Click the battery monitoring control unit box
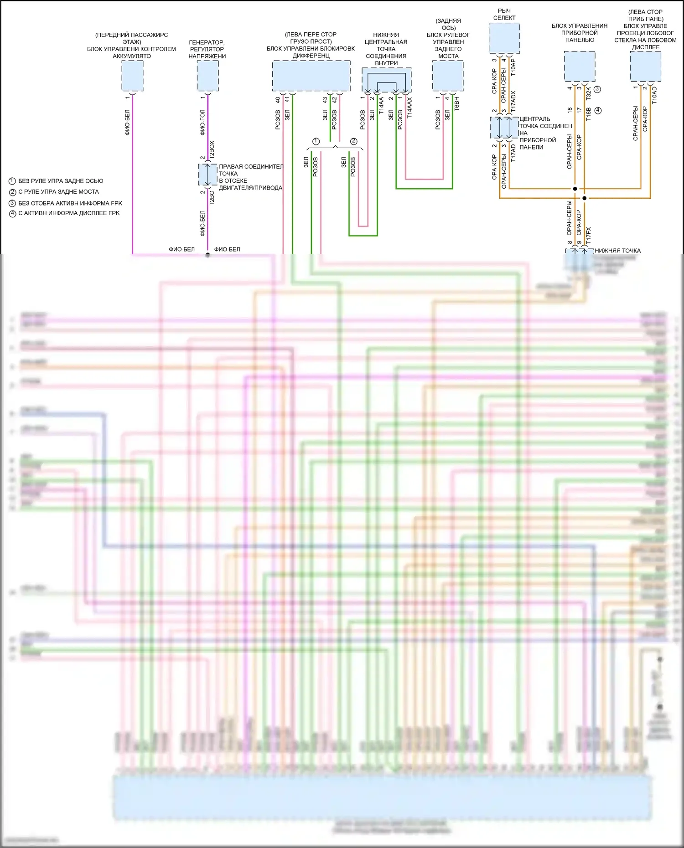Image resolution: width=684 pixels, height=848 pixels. click(x=132, y=76)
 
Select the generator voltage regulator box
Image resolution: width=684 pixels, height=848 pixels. click(x=207, y=76)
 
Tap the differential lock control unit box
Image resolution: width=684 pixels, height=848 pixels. click(x=311, y=76)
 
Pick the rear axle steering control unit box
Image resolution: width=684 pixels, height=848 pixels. click(x=448, y=76)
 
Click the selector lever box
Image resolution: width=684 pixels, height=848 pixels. click(x=504, y=38)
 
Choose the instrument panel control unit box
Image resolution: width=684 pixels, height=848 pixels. click(x=580, y=66)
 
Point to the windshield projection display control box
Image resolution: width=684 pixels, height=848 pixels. click(x=645, y=66)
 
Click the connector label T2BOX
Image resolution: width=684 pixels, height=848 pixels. click(x=212, y=149)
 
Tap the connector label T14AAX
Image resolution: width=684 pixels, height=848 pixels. click(x=409, y=108)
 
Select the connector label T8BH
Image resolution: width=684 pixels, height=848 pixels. click(x=457, y=103)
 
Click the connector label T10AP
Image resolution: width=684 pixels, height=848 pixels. click(x=513, y=67)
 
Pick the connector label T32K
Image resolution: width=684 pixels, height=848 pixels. click(x=589, y=93)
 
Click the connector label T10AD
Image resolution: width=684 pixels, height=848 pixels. click(x=655, y=96)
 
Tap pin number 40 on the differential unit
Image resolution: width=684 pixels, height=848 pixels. click(x=278, y=100)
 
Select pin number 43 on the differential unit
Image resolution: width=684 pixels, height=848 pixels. click(x=325, y=100)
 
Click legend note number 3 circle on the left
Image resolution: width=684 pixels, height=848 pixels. click(x=13, y=203)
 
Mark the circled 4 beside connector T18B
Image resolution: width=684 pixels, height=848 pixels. click(x=598, y=110)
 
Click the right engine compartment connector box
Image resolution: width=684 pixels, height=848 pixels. click(x=207, y=175)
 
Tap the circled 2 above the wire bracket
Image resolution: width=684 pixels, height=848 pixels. click(x=353, y=141)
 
